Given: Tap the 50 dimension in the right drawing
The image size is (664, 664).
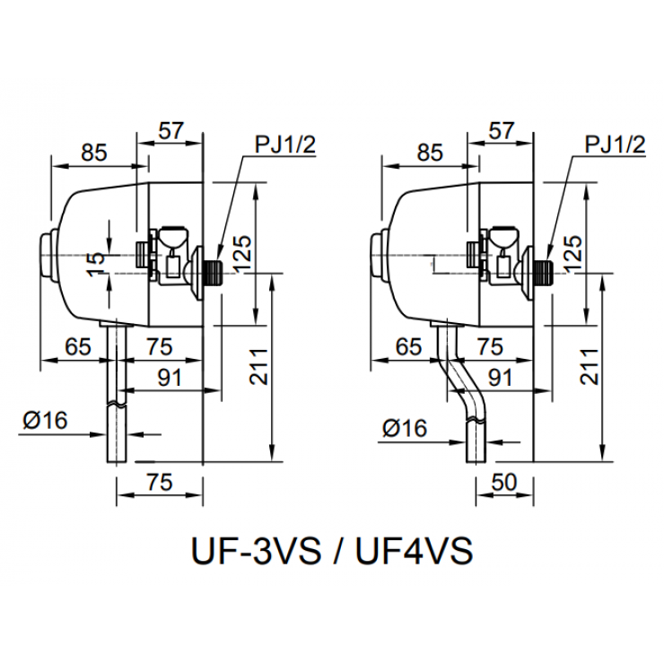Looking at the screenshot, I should tap(504, 483).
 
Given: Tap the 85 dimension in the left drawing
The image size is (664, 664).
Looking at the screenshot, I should tap(93, 153).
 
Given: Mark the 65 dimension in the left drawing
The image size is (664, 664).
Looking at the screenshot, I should tap(79, 347).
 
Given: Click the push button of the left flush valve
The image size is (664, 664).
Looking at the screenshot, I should tap(45, 255).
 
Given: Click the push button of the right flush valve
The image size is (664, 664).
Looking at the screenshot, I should tap(376, 255).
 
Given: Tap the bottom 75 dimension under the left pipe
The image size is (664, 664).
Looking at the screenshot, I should tap(158, 483).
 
